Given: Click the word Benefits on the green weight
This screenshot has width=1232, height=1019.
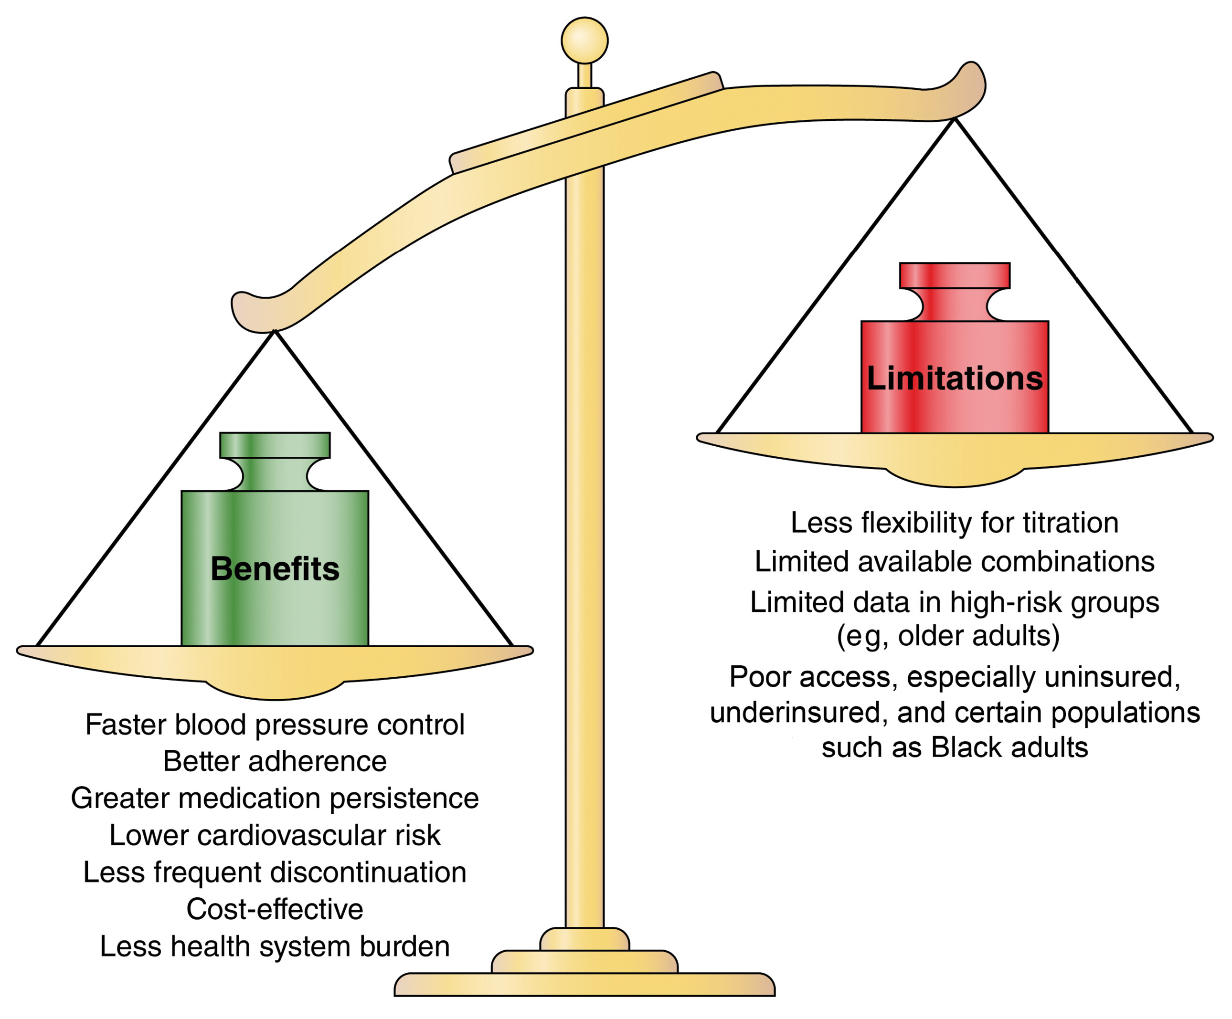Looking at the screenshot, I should click(275, 569).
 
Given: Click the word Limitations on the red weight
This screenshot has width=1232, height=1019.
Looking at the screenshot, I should click(955, 378).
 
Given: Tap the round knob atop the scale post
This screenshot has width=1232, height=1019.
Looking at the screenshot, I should click(584, 40).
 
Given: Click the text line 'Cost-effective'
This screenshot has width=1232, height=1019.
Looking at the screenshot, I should click(275, 909).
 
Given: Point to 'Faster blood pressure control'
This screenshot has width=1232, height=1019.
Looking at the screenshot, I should click(275, 725).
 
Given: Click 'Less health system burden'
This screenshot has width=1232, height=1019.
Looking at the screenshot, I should click(275, 946).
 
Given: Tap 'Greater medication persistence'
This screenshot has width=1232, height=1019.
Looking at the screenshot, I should click(275, 798).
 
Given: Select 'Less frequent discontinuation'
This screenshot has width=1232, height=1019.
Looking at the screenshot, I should click(275, 872).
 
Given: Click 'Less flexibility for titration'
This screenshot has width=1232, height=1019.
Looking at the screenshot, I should click(955, 523).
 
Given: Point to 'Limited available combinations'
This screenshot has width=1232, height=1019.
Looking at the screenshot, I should click(955, 562).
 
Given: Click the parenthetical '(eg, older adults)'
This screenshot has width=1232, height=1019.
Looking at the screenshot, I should click(948, 636).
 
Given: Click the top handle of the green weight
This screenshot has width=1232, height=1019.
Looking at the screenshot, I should click(275, 445).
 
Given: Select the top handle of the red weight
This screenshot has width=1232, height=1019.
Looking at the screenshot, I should click(955, 275).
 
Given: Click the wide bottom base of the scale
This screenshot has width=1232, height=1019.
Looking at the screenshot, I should click(584, 985).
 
